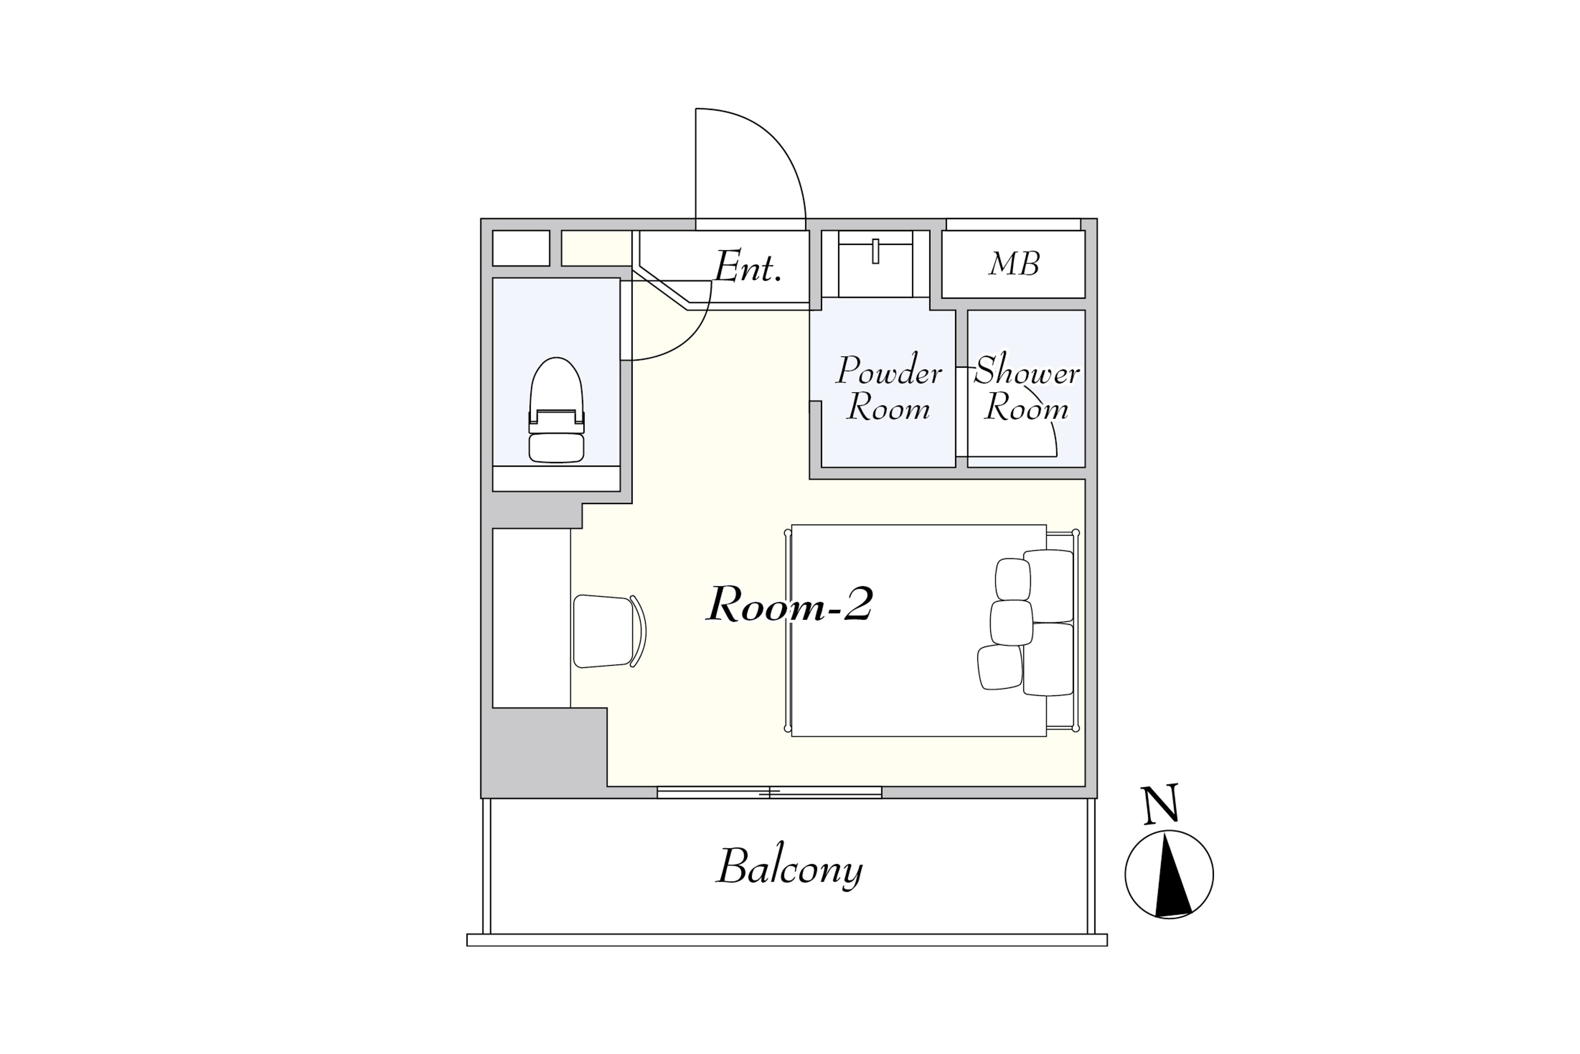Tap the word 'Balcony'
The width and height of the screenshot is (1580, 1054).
point(790,867)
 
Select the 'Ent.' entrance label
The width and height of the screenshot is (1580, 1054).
point(748,267)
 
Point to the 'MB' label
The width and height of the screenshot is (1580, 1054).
point(1014,264)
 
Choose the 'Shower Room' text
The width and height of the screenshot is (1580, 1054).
point(1027,389)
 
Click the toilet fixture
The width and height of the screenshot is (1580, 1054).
point(556,410)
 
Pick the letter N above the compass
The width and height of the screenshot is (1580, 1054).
point(1162,804)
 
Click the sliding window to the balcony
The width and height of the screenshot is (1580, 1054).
point(769,793)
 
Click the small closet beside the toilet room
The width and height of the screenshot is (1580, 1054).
point(521,248)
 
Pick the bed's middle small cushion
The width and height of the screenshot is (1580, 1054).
point(1011,623)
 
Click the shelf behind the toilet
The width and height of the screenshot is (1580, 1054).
point(556,478)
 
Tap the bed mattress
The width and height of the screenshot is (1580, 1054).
point(918,630)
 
